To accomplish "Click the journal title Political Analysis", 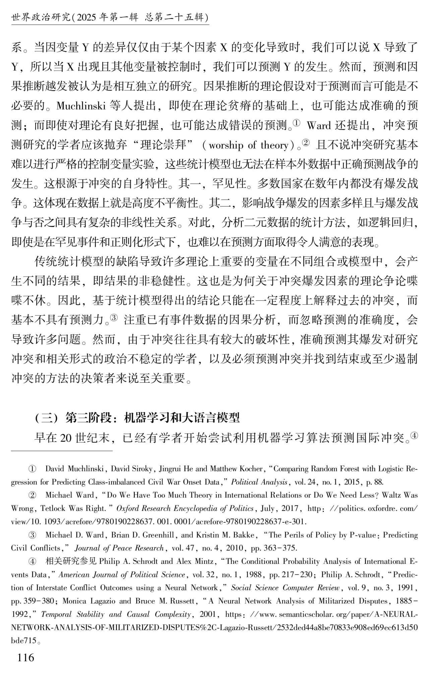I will click(259, 482).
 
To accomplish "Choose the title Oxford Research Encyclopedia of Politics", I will click(185, 508).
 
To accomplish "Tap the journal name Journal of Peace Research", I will click(119, 548).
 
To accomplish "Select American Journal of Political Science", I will click(122, 575).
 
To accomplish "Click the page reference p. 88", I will click(374, 482).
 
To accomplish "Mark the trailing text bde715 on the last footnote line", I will click(24, 641).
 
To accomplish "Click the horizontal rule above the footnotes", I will click(62, 451).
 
